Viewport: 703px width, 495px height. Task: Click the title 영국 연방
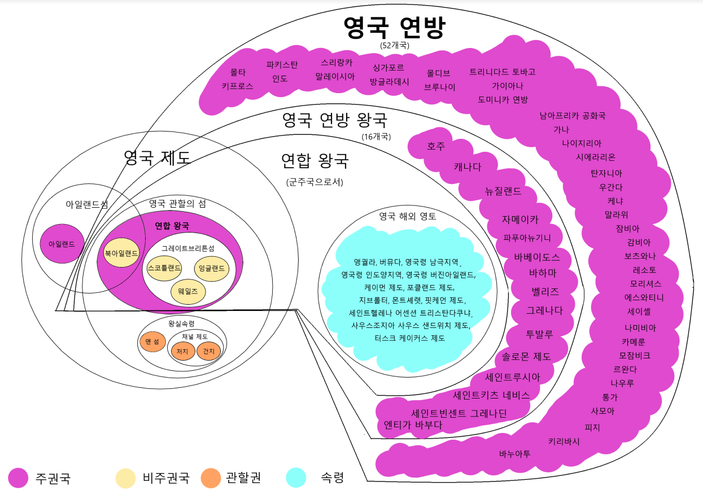[x=395, y=27]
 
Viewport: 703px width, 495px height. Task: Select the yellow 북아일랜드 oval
[x=121, y=253]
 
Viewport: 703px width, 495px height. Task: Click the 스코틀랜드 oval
[x=163, y=268]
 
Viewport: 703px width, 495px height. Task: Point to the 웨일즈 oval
[x=188, y=291]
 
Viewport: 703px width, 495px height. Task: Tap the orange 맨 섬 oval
[x=152, y=341]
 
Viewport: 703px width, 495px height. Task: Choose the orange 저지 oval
[x=182, y=351]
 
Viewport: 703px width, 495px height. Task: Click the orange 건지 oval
[x=209, y=351]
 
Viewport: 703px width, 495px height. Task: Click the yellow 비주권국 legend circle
[x=125, y=478]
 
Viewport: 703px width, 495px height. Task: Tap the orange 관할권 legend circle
[x=211, y=478]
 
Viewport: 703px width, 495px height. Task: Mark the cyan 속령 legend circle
[x=296, y=478]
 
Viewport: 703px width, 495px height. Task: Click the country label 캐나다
[x=468, y=167]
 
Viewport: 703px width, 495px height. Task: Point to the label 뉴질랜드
[x=503, y=191]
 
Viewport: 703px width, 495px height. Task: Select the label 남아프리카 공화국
[x=573, y=116]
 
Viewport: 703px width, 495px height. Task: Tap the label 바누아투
[x=514, y=453]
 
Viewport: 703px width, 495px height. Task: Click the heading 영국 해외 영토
[x=408, y=216]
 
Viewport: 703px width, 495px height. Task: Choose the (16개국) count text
[x=376, y=136]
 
